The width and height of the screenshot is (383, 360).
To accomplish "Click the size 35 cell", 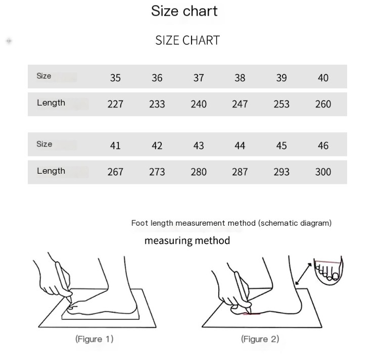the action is click(115, 78).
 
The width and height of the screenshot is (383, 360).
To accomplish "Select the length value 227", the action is click(115, 104).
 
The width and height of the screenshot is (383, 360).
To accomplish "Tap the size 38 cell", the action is click(240, 78).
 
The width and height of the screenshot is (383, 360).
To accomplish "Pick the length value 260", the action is click(323, 104).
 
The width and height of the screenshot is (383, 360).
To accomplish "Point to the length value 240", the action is click(199, 104).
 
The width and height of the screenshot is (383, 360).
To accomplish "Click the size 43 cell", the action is click(199, 146).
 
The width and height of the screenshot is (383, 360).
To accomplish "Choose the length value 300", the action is click(323, 172).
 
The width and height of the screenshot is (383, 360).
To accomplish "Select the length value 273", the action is click(157, 172).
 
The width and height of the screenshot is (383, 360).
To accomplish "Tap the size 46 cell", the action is click(323, 146).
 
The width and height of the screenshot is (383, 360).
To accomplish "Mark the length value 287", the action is click(240, 172).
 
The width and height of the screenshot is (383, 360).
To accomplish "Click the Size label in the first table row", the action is click(44, 76).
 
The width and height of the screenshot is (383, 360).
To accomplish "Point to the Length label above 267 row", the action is click(51, 171).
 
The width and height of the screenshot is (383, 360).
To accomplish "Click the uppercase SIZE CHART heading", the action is click(187, 40).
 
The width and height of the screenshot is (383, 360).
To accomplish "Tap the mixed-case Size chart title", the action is click(184, 11).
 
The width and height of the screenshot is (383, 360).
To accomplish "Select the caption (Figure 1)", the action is click(94, 339).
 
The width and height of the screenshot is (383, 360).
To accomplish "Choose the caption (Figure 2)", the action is click(260, 339).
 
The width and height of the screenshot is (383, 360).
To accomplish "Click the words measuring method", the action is click(187, 241).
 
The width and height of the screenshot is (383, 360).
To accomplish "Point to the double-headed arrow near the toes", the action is click(303, 274).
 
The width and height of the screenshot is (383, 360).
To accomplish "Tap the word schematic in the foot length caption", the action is click(279, 223).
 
